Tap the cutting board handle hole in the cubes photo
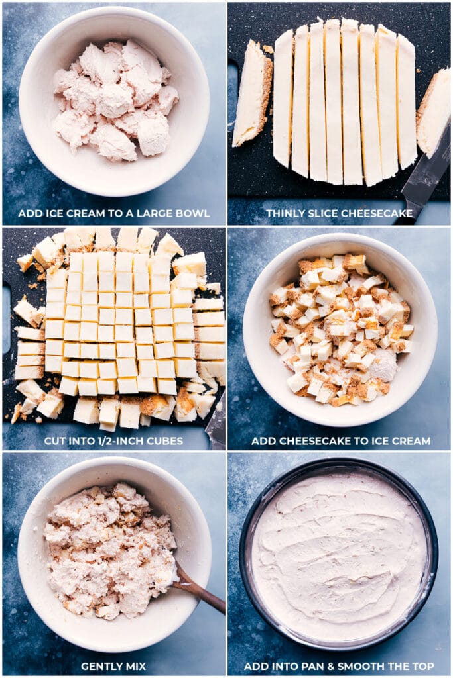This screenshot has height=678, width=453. tap(6, 317)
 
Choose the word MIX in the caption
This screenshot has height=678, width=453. tap(132, 666)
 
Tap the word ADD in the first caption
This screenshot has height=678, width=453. tap(27, 213)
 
